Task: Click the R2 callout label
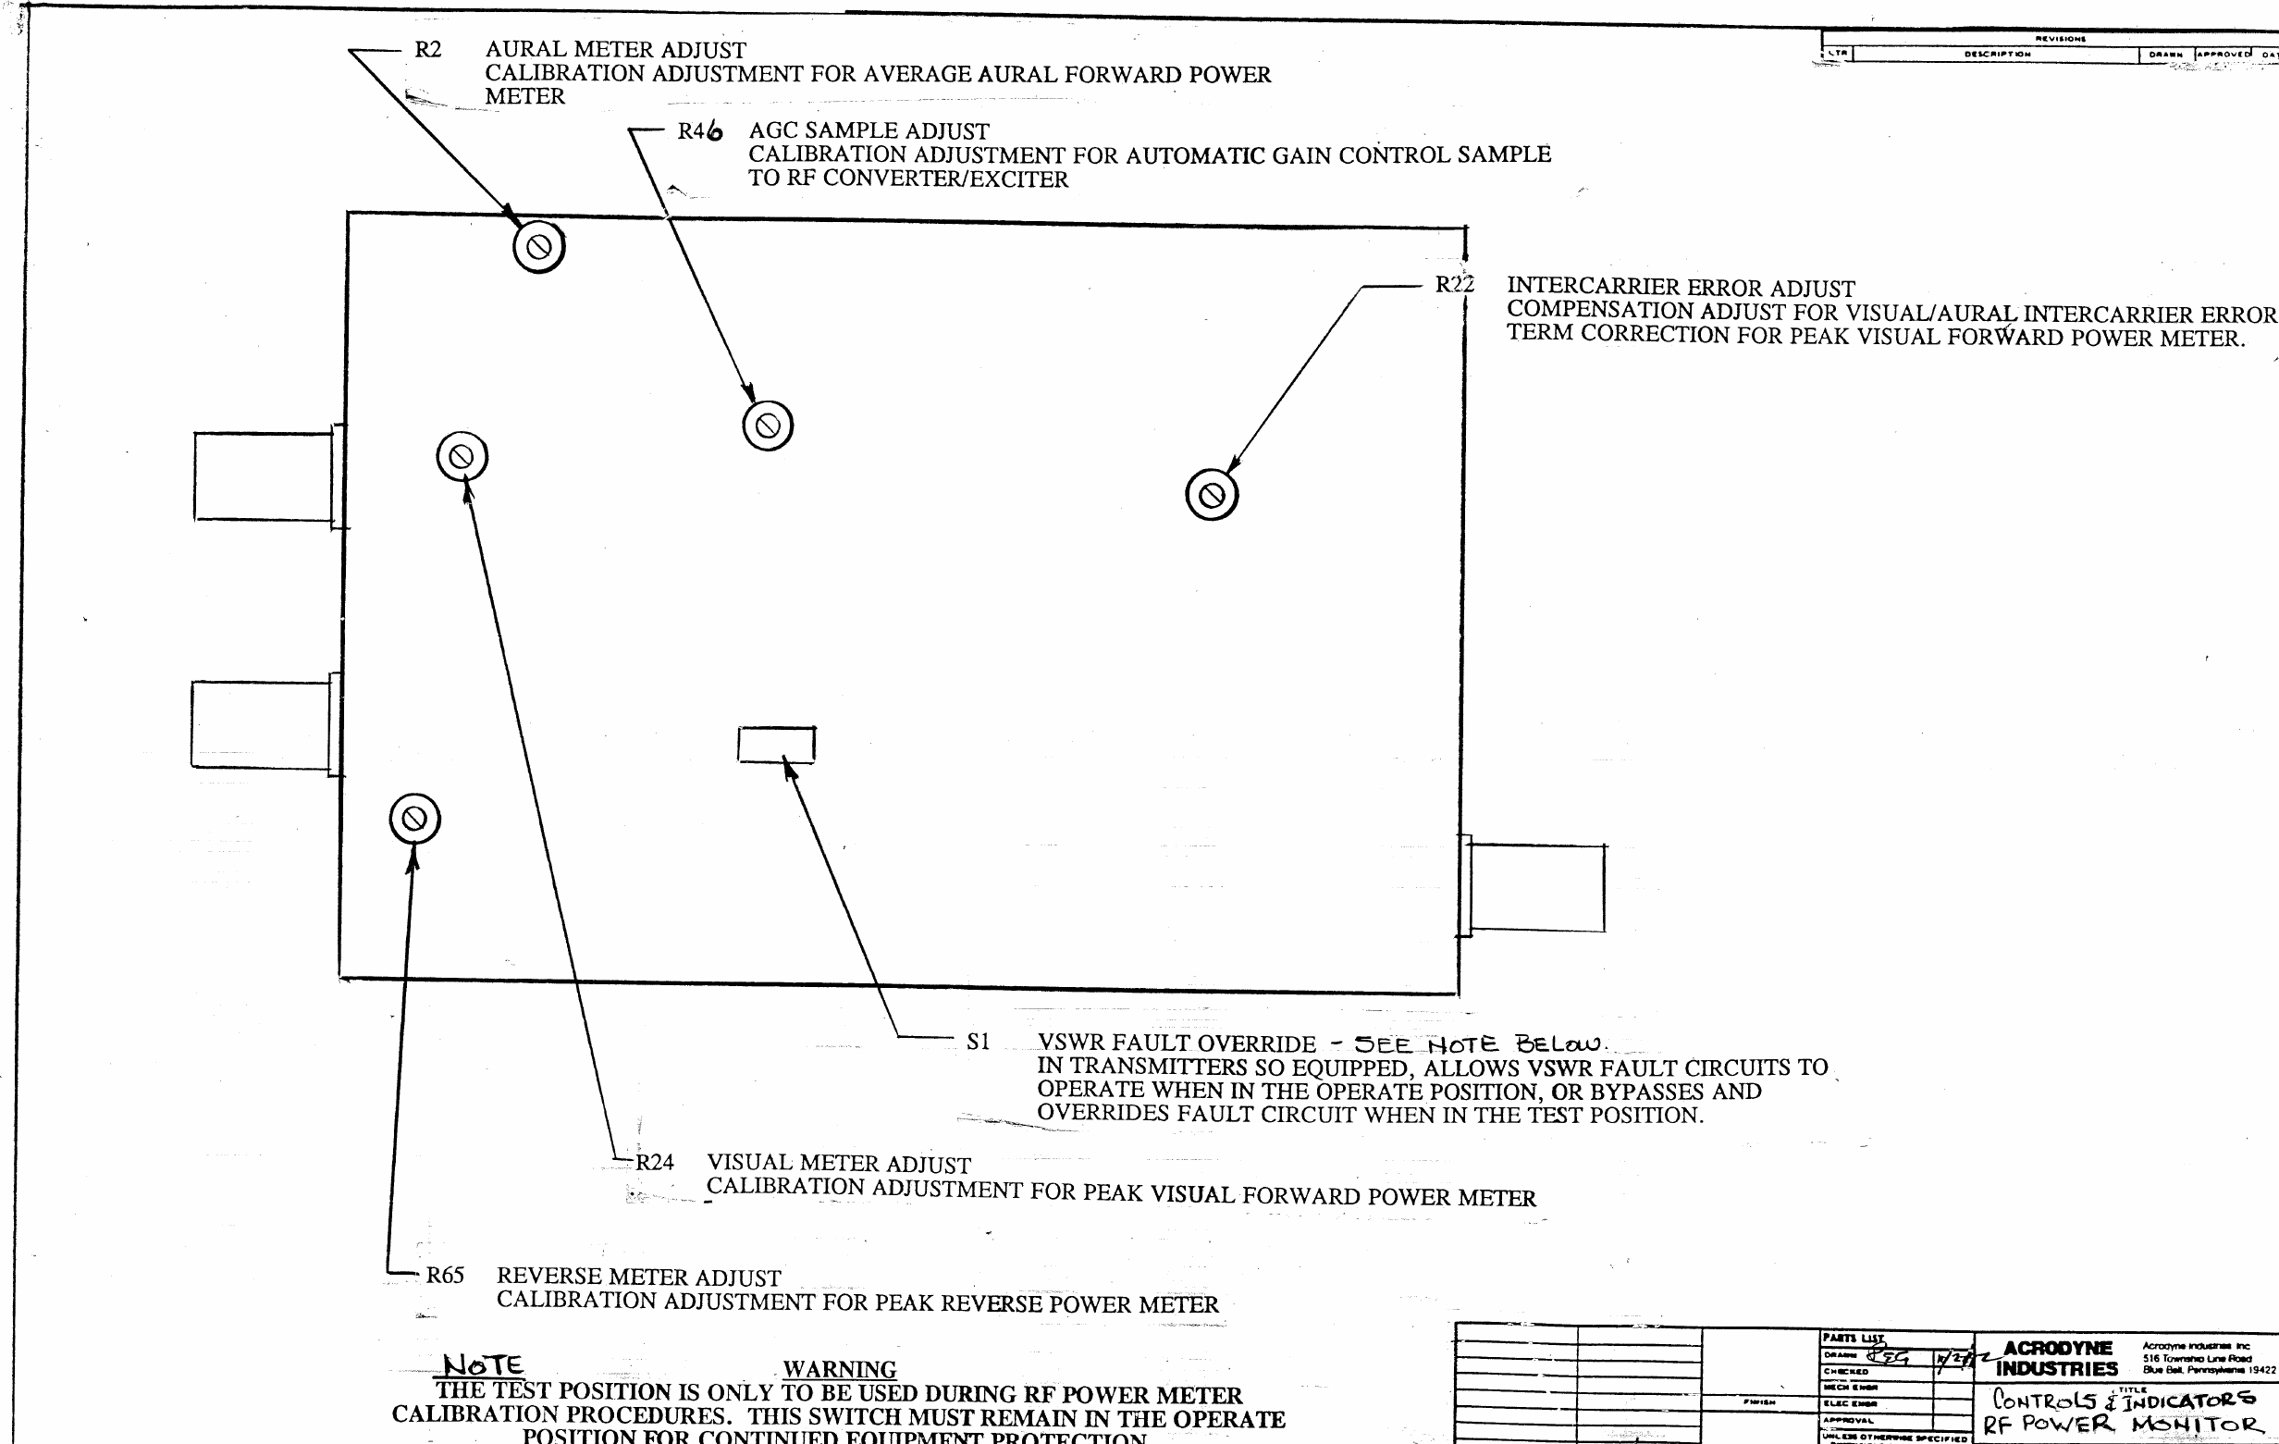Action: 428,49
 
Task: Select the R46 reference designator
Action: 699,131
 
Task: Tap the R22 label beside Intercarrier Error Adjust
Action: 1454,284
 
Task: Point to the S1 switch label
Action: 978,1042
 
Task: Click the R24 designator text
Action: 654,1162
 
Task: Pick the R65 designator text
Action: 445,1276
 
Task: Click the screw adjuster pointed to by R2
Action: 538,248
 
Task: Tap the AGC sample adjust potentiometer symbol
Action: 768,426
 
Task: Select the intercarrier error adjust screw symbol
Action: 1212,495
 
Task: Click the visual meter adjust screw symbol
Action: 462,457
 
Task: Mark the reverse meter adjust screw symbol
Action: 414,819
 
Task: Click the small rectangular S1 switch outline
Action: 776,745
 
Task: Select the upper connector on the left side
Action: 265,476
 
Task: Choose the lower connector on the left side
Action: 262,724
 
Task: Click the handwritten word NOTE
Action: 483,1364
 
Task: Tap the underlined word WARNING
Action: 840,1369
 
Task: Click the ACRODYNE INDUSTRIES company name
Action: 2057,1358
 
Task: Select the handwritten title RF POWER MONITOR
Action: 2120,1425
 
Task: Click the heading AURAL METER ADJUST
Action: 615,49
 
